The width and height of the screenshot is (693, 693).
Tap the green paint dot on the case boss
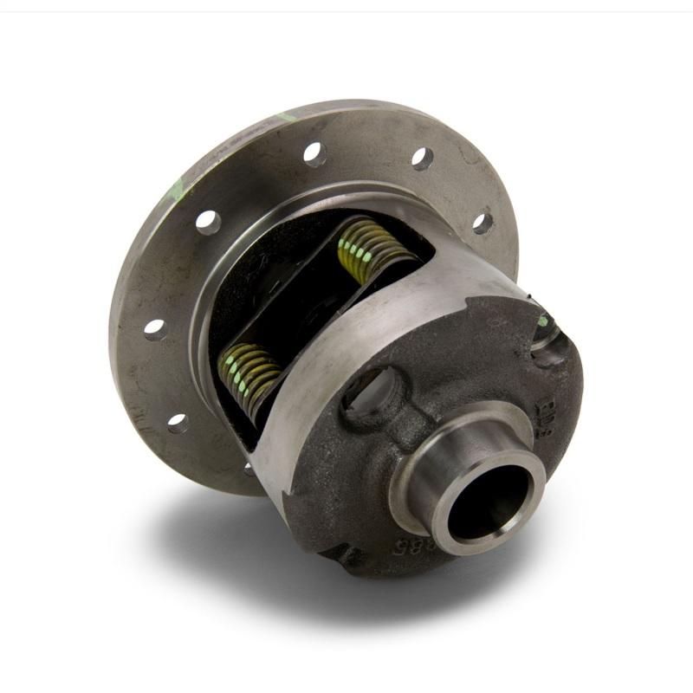(543, 321)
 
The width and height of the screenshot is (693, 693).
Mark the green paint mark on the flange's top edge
(287, 115)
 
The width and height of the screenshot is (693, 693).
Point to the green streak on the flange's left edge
(177, 189)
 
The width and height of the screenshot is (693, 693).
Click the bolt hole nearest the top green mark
(314, 154)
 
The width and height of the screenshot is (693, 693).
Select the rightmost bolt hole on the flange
(483, 223)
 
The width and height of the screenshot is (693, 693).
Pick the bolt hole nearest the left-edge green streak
(208, 222)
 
